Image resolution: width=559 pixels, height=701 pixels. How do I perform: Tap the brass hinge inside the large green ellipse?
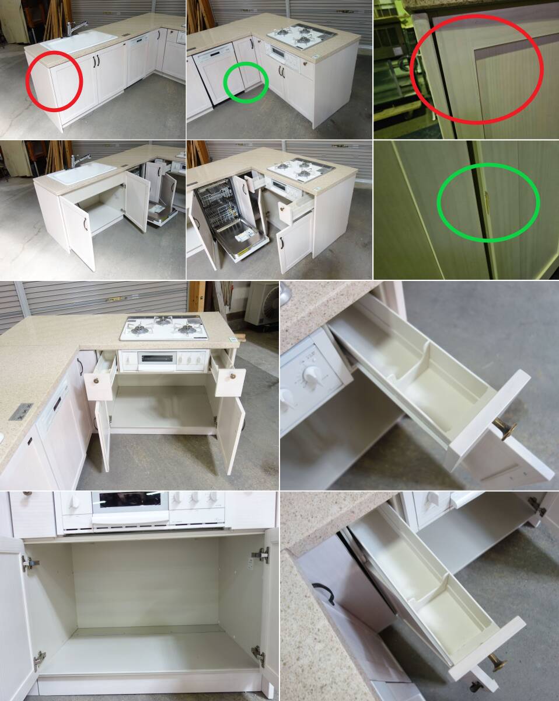487,202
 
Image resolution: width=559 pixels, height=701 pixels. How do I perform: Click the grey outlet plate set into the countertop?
21,411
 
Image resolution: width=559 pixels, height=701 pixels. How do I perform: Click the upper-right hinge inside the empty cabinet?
260,554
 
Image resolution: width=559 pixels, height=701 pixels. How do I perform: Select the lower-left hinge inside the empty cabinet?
39,660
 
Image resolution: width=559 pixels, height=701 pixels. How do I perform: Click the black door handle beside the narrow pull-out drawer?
324,592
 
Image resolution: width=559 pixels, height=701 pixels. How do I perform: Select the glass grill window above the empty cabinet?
130,499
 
